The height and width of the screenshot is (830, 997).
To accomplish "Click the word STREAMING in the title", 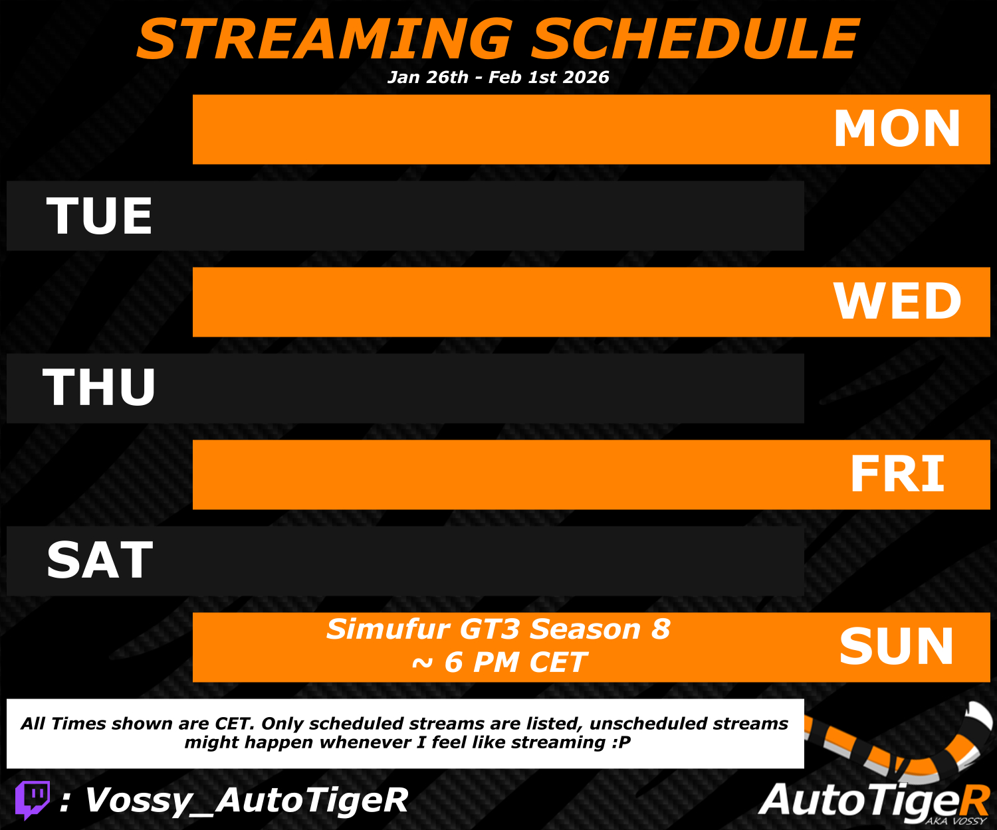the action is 325,39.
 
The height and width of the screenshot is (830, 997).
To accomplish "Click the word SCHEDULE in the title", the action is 695,39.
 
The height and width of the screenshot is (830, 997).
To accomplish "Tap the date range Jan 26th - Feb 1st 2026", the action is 498,77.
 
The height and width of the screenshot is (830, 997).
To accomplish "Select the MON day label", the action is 897,128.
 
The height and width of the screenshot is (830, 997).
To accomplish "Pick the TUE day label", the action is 99,216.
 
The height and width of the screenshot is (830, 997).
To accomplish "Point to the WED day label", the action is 897,301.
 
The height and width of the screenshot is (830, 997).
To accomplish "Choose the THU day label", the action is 99,387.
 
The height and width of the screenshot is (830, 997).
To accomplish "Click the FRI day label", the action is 897,473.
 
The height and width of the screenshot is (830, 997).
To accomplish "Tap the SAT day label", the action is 100,560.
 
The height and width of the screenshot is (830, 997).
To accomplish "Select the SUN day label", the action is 897,646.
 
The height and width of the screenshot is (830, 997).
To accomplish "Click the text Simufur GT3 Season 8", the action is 498,629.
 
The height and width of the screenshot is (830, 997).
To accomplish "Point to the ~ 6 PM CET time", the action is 499,663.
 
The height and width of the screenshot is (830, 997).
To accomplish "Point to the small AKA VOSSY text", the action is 956,821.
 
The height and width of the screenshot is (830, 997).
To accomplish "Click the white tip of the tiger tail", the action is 979,714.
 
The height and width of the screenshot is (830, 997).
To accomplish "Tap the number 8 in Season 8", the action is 661,629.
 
